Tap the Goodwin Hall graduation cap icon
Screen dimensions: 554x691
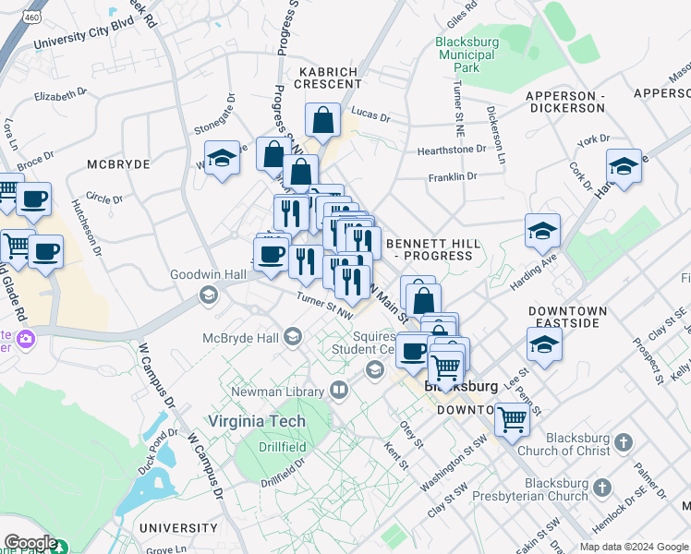[x=208, y=295]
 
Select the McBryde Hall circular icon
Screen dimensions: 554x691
[x=294, y=335]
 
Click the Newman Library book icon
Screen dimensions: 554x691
[x=339, y=390]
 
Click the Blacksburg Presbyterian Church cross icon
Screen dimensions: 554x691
[x=602, y=487]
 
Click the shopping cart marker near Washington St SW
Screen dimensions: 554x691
[x=511, y=418]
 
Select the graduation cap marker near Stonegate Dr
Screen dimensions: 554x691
[x=222, y=158]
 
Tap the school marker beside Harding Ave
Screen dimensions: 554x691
[x=542, y=231]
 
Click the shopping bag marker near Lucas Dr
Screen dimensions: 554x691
[x=322, y=119]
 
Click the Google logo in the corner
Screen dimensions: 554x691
[x=30, y=543]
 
